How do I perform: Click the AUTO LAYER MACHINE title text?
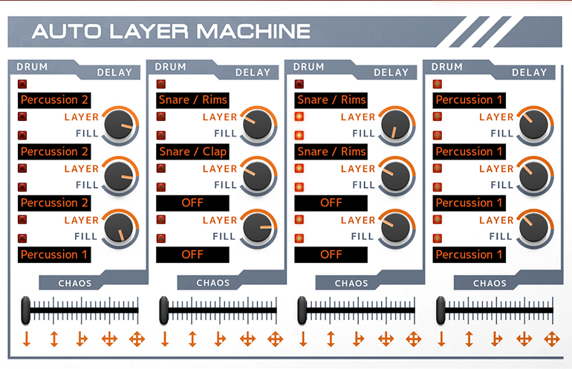point(171,31)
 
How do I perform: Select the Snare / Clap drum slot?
point(193,151)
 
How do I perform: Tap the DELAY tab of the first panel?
point(114,72)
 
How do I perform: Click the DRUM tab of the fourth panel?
point(447,67)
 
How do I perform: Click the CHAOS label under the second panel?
point(213,283)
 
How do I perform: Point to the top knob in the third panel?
point(395,124)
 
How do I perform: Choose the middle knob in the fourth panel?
point(533,176)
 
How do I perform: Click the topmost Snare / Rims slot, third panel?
point(331,100)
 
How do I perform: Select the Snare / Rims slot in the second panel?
point(193,100)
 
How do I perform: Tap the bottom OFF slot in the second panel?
point(192,255)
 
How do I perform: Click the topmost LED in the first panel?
point(23,84)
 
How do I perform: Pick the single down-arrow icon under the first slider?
point(26,339)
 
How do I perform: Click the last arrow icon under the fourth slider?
point(551,339)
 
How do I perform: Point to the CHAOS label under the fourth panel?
point(490,283)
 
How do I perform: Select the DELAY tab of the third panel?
point(391,72)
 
